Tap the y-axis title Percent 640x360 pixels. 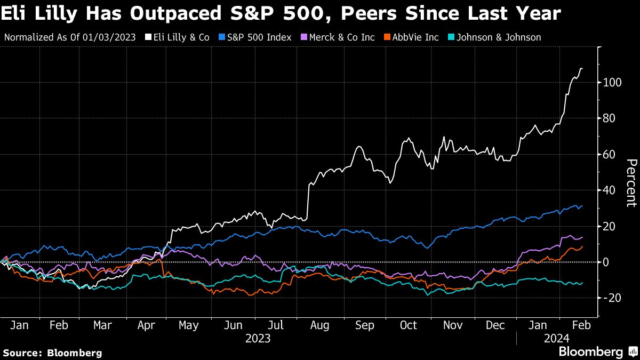coord(631,182)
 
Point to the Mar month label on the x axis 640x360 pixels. coord(102,325)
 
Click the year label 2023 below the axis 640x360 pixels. coord(258,338)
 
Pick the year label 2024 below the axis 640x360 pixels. coord(557,338)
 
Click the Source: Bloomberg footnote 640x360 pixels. coord(52,353)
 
